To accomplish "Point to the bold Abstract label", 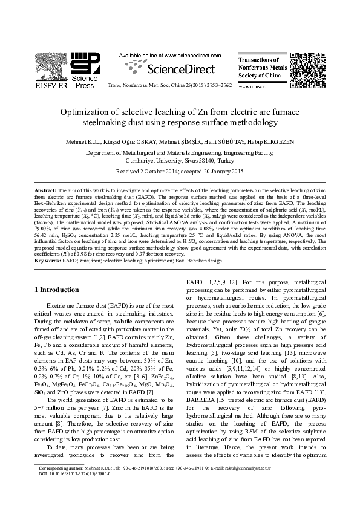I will coord(45,190).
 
